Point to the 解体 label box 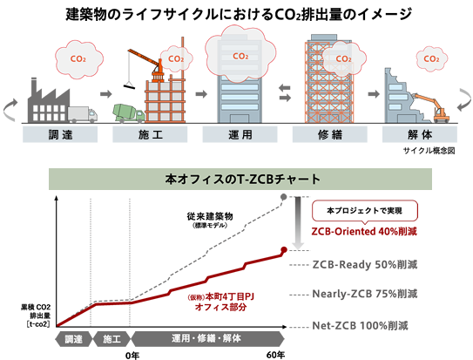coord(417,136)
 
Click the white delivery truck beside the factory coord(82,114)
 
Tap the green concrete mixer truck coord(129,113)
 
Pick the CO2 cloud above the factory coord(76,59)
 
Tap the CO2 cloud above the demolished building coord(429,60)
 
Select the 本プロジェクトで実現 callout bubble coord(364,210)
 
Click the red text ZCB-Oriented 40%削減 coord(365,232)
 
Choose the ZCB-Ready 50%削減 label coord(365,263)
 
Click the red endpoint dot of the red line coord(286,250)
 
